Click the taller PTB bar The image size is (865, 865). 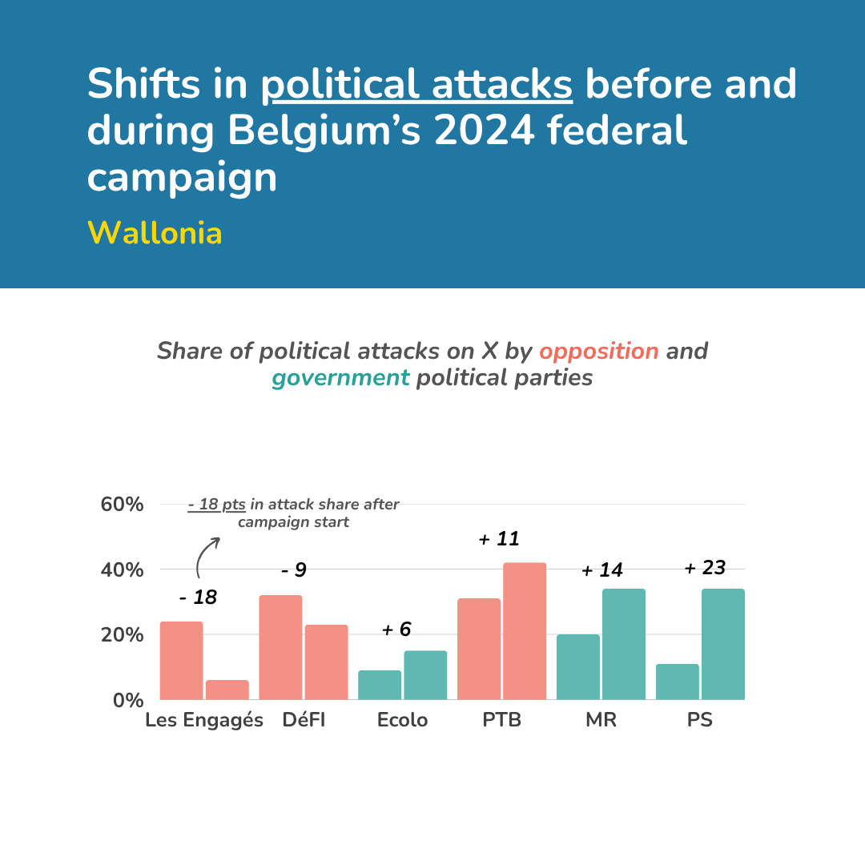[x=525, y=631]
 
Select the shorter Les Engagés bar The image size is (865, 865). [x=227, y=690]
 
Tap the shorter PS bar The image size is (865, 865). [x=677, y=682]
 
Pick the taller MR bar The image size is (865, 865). [x=623, y=644]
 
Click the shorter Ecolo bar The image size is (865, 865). [x=380, y=685]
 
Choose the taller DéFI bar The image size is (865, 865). [x=280, y=647]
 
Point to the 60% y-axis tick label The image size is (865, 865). [x=122, y=505]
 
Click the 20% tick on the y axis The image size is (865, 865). [x=122, y=635]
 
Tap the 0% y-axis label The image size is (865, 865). [x=127, y=700]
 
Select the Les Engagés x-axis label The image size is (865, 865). [x=204, y=720]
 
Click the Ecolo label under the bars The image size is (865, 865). [x=402, y=720]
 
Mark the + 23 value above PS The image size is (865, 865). [x=705, y=568]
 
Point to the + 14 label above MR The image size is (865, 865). [x=601, y=570]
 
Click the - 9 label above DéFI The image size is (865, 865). [x=293, y=570]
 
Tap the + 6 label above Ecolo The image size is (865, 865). [x=396, y=630]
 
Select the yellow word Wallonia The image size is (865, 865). [x=155, y=233]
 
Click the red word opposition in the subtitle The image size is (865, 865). [x=599, y=351]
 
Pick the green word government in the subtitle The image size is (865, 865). [x=340, y=377]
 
